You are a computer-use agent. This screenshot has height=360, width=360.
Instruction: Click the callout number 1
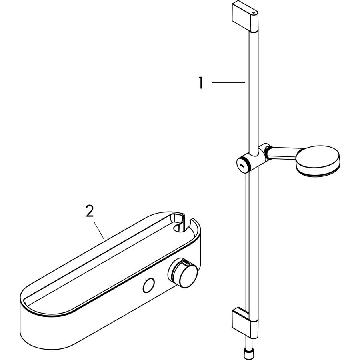tap(201, 83)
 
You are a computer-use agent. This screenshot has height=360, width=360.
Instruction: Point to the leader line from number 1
tap(228, 82)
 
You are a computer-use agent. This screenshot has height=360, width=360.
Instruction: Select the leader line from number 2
tap(99, 231)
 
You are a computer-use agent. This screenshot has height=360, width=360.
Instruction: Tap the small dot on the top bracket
tap(253, 13)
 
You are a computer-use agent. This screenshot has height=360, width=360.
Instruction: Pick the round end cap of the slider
tap(242, 164)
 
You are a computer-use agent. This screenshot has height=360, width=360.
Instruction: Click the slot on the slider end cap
tap(242, 165)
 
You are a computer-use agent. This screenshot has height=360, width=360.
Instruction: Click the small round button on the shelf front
tap(148, 285)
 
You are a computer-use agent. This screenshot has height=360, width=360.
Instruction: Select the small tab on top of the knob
tap(184, 261)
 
